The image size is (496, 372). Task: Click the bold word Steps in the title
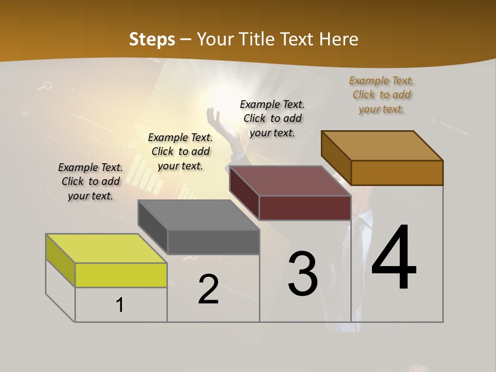[x=152, y=39]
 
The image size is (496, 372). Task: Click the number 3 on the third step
[x=303, y=274]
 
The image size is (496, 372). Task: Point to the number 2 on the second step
[x=208, y=289]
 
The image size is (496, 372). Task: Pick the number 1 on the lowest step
[x=120, y=305]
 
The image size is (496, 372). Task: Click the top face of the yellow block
[x=106, y=248]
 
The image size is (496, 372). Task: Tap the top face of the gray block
[x=198, y=215]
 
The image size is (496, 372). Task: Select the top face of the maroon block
[x=290, y=181]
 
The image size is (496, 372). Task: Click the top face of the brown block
[x=382, y=146]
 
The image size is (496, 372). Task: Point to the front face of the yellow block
[x=121, y=275]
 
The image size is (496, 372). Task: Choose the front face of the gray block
[x=213, y=242]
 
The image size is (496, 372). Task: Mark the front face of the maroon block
[x=305, y=208]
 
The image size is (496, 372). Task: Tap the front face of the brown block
[x=396, y=173]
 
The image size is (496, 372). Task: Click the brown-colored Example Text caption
[x=381, y=95]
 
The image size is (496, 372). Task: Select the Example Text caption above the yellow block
[x=90, y=181]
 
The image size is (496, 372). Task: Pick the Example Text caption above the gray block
[x=180, y=151]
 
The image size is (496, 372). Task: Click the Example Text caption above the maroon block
[x=272, y=118]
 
